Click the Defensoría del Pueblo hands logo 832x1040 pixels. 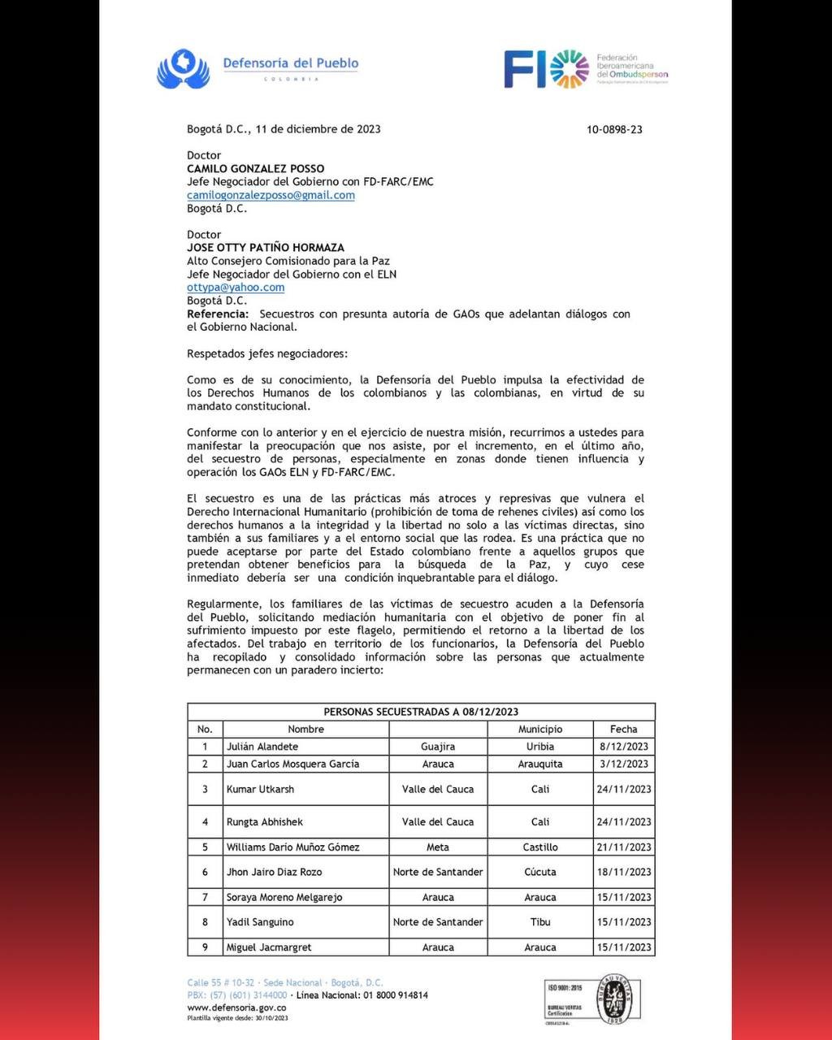point(184,68)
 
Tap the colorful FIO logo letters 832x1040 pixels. point(546,69)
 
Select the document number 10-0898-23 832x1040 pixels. point(614,129)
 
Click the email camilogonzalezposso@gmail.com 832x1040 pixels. point(271,195)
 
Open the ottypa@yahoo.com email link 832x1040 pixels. point(236,287)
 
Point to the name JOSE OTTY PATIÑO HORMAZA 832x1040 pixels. point(266,248)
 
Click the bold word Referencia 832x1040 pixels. point(217,314)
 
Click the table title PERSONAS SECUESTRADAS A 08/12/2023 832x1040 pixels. point(421,712)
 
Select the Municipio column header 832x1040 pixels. point(539,729)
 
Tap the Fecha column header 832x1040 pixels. point(623,729)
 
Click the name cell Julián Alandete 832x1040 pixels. point(262,746)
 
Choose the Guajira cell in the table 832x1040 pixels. point(438,746)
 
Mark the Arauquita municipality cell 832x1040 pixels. point(539,764)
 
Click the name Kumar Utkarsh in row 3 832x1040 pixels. point(260,789)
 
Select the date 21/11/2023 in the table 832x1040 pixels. point(623,847)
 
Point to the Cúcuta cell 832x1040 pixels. point(539,872)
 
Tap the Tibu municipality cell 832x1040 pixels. point(539,921)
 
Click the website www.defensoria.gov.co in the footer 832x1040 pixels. point(236,1007)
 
